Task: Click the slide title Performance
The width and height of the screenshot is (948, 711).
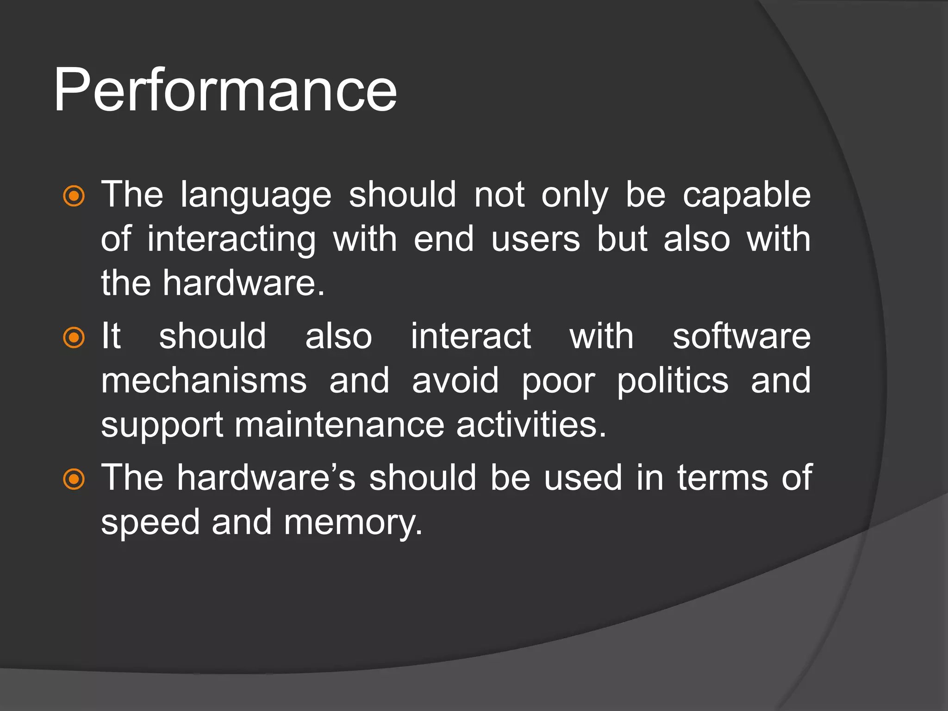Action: pyautogui.click(x=225, y=90)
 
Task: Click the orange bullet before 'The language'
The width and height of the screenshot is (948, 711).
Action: pyautogui.click(x=74, y=196)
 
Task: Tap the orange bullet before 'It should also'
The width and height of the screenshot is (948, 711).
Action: pyautogui.click(x=74, y=337)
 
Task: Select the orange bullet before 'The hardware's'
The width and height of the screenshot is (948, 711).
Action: pyautogui.click(x=74, y=479)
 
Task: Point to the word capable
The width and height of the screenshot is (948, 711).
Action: pyautogui.click(x=747, y=195)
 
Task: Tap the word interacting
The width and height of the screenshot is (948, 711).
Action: pyautogui.click(x=231, y=240)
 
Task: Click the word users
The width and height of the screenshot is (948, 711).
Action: pyautogui.click(x=536, y=240)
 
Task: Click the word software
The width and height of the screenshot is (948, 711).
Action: pyautogui.click(x=742, y=336)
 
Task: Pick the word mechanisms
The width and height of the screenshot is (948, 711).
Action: pyautogui.click(x=204, y=381)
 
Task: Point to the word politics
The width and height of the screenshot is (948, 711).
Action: pyautogui.click(x=673, y=381)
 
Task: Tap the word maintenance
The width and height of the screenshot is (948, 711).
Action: pyautogui.click(x=339, y=425)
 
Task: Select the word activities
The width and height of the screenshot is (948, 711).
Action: pyautogui.click(x=531, y=425)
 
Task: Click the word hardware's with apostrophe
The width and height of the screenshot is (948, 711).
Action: pyautogui.click(x=266, y=478)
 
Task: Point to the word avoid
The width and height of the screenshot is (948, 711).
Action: pyautogui.click(x=455, y=381)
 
